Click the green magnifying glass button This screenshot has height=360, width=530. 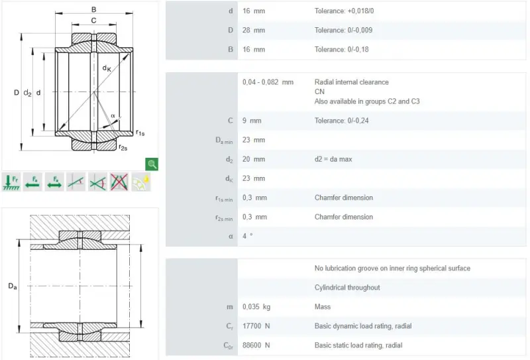(152, 164)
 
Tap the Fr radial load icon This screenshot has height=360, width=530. (11, 182)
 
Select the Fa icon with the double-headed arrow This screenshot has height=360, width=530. (54, 182)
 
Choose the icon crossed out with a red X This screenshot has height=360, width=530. (119, 182)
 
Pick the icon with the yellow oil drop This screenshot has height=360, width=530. (140, 182)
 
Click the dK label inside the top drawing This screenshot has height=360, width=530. (107, 68)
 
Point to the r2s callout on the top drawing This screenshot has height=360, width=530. (123, 148)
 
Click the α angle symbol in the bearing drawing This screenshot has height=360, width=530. (113, 116)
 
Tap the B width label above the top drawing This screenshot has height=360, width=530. (93, 9)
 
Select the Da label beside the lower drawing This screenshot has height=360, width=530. (13, 286)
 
